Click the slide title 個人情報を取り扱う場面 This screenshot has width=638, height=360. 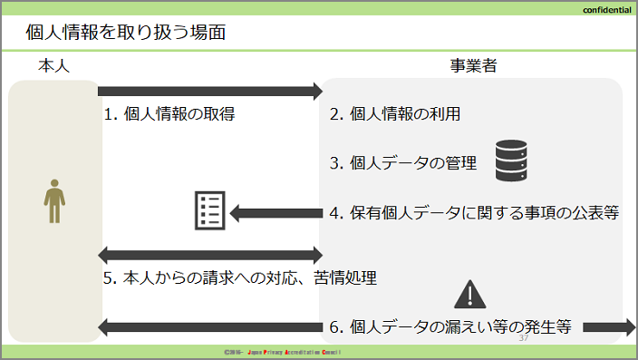point(126,32)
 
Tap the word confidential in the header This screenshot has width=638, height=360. point(606,10)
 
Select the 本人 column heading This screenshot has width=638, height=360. point(53,65)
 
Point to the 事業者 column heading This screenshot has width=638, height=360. point(473,65)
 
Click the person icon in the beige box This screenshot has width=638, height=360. point(54,201)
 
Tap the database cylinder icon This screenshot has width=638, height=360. point(511,161)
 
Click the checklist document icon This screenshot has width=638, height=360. point(210,210)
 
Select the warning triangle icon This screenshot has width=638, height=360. point(470,294)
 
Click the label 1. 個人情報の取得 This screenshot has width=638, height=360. point(169,114)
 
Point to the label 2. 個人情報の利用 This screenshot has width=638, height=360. point(395,114)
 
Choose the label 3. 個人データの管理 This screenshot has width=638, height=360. point(403,163)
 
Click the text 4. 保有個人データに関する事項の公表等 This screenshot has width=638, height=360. point(475,212)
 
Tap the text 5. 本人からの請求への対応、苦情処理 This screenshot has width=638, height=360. point(240,277)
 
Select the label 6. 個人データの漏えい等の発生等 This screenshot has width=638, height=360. point(450,326)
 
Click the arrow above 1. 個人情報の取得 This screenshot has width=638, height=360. point(210,92)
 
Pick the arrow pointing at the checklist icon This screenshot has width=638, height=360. point(276,213)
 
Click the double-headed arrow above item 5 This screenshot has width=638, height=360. point(210,256)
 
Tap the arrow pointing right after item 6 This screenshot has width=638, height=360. point(609,327)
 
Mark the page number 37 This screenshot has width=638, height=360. point(524,338)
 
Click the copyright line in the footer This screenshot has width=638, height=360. point(282,352)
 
